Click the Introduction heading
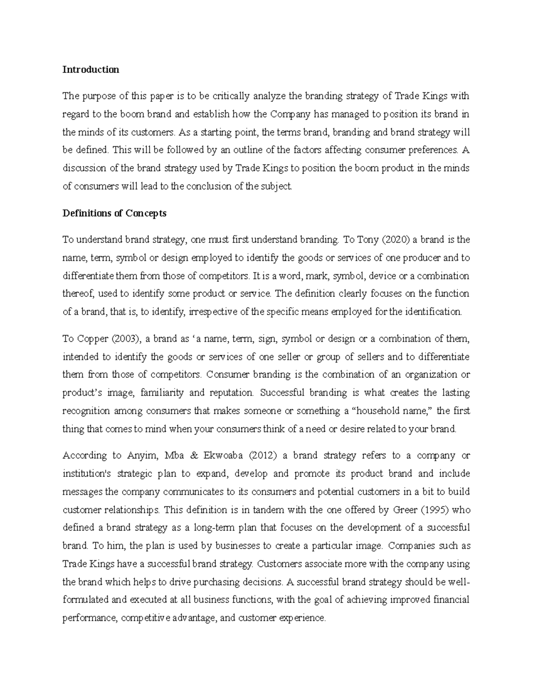click(x=91, y=70)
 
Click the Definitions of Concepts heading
click(x=114, y=213)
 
